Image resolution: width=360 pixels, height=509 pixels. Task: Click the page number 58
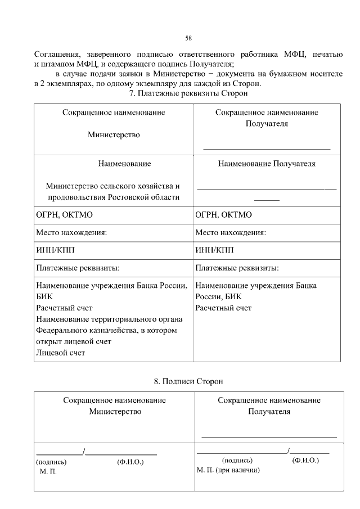click(x=189, y=38)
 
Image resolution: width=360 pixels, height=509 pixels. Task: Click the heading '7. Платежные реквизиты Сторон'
click(x=188, y=93)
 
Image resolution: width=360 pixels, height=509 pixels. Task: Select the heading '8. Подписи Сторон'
click(x=188, y=381)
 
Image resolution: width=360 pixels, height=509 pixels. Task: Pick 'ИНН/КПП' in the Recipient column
click(x=214, y=250)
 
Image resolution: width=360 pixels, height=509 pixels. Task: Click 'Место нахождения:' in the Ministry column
click(x=71, y=232)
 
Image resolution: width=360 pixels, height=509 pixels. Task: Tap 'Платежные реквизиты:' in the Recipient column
click(x=237, y=267)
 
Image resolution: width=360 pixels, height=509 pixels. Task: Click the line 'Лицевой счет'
click(x=60, y=353)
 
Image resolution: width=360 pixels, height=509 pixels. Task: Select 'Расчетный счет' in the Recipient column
click(x=223, y=308)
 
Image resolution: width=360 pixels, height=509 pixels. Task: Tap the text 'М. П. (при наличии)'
click(x=228, y=470)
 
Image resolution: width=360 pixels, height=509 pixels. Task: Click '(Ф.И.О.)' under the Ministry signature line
click(x=130, y=462)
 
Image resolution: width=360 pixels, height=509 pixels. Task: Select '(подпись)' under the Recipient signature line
click(x=237, y=460)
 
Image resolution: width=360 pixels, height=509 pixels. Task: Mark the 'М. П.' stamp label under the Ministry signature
click(x=48, y=471)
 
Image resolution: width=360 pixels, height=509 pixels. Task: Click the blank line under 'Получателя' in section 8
click(x=269, y=436)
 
